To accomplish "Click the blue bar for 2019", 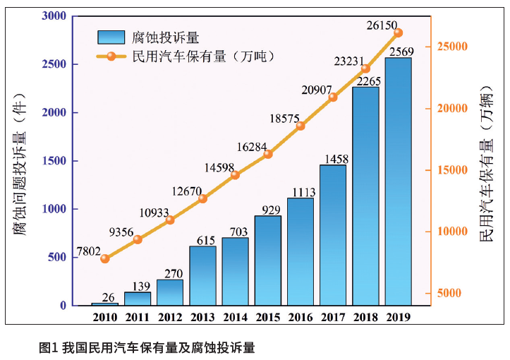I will (399, 181).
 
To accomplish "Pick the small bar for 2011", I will (138, 299).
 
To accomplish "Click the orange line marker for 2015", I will (268, 154).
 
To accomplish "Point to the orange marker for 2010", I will (105, 258).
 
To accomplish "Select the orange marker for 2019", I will (399, 32).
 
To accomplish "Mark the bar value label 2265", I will (366, 80).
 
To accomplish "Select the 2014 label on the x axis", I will (235, 317).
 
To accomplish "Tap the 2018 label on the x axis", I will (365, 317).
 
